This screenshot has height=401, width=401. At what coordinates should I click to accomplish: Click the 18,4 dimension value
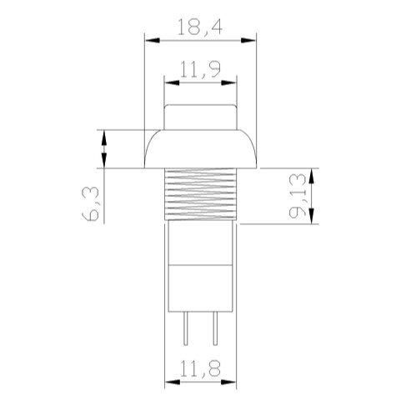199,28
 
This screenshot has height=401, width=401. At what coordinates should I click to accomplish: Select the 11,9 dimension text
200,69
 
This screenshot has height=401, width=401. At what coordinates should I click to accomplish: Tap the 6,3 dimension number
91,203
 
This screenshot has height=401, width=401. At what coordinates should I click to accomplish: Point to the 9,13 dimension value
298,195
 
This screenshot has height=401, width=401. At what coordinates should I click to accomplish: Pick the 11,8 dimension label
200,368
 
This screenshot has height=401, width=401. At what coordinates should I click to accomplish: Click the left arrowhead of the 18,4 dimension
153,41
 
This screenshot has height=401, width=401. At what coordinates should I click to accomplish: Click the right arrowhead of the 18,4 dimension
248,41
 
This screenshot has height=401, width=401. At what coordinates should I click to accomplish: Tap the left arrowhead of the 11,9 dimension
172,83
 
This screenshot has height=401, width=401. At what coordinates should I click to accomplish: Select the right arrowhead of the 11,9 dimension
229,83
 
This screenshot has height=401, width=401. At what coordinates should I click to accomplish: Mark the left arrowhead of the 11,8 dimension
173,382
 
